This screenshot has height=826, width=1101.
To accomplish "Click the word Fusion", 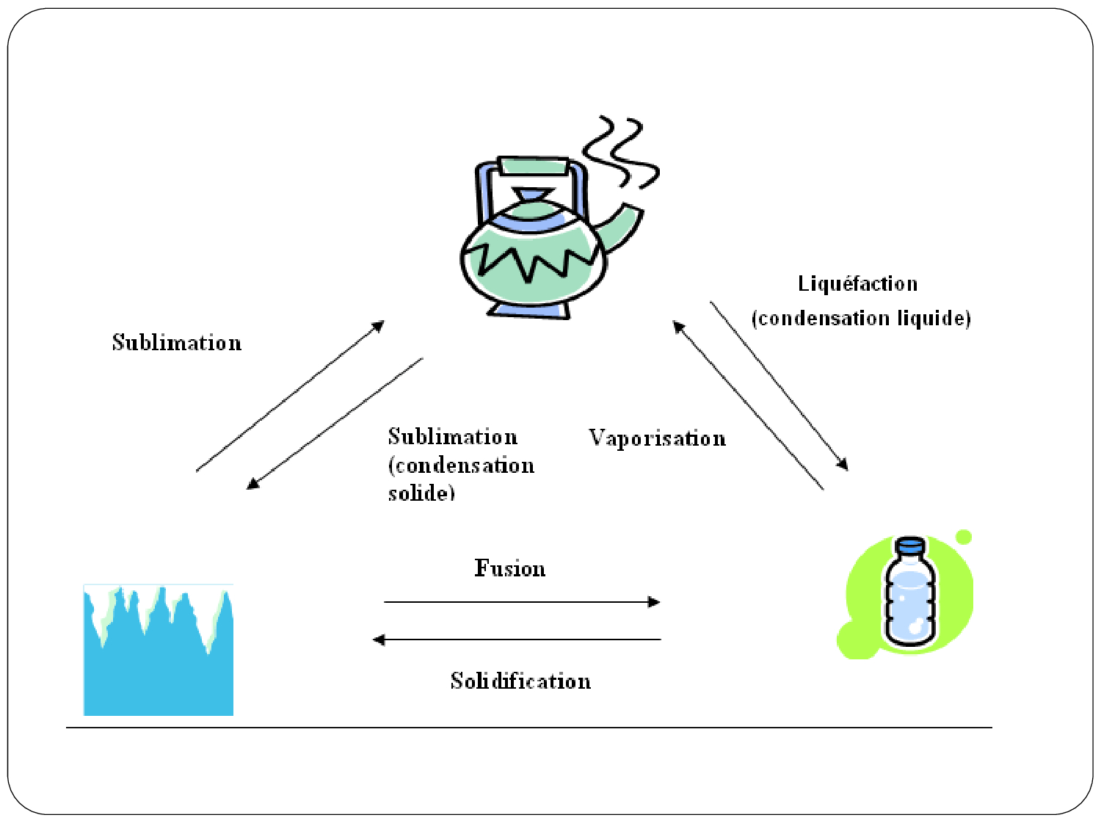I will point(509,568).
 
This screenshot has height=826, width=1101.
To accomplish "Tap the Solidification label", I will point(520,681).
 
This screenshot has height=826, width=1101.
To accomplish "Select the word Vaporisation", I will point(657,438).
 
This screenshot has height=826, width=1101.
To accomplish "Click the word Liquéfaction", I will point(857,284).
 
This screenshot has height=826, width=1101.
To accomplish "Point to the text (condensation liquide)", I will point(861,319).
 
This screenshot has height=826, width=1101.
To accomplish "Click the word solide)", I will point(421,493).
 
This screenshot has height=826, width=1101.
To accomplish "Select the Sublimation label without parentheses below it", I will point(176,343).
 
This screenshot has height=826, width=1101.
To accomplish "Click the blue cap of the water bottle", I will point(911,545).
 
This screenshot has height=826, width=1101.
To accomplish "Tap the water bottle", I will point(911,598).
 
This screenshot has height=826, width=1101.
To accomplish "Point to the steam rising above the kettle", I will point(622,151).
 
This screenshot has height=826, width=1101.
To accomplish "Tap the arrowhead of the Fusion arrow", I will point(654,602).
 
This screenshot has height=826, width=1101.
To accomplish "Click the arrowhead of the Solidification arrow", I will point(379,640).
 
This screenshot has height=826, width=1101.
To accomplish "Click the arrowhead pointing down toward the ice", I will point(252,485).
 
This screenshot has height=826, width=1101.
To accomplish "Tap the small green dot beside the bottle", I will point(964,537).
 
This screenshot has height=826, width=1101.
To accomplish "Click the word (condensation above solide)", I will point(461,465).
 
